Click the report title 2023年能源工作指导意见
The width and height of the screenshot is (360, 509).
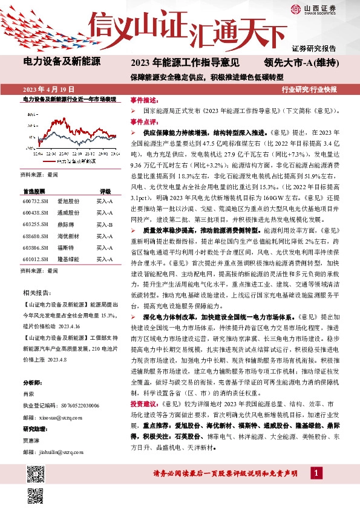185,62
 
